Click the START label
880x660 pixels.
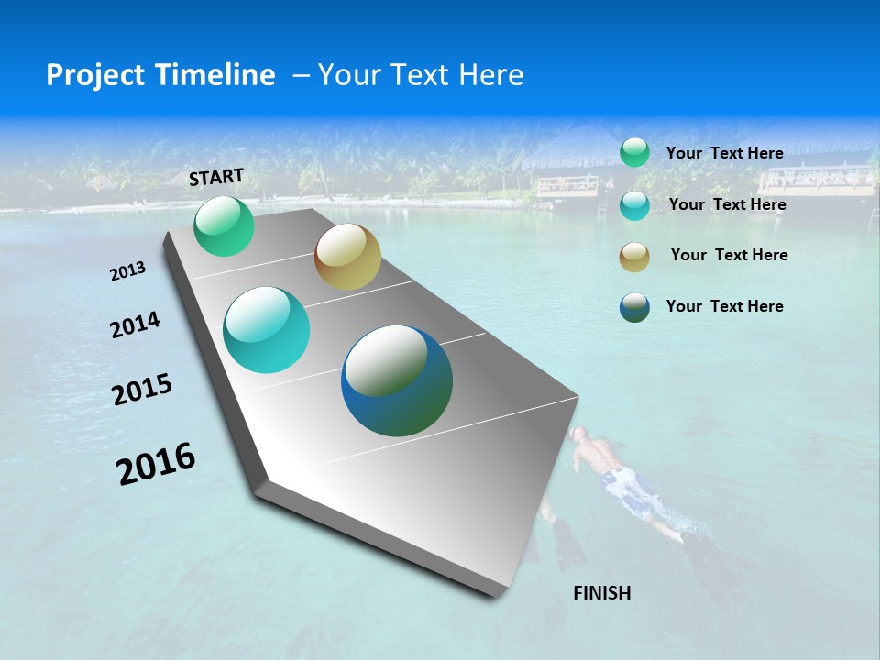pos(216,177)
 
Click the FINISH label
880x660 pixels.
pos(601,593)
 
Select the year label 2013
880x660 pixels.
pos(128,271)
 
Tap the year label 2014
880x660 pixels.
pos(135,324)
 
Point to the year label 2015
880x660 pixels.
pos(142,390)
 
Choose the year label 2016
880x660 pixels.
pos(156,464)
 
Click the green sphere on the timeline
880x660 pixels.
pos(224,225)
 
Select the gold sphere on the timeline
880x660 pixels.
pos(347,257)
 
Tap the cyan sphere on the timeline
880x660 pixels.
pos(267,330)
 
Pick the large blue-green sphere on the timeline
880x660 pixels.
pos(397,380)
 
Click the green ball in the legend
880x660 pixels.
pos(634,152)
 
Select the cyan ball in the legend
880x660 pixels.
pos(634,205)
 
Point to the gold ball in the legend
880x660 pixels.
pos(634,257)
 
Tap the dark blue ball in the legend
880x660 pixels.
pos(634,307)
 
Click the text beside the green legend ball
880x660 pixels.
pos(724,153)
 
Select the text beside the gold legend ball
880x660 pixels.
pos(729,255)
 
